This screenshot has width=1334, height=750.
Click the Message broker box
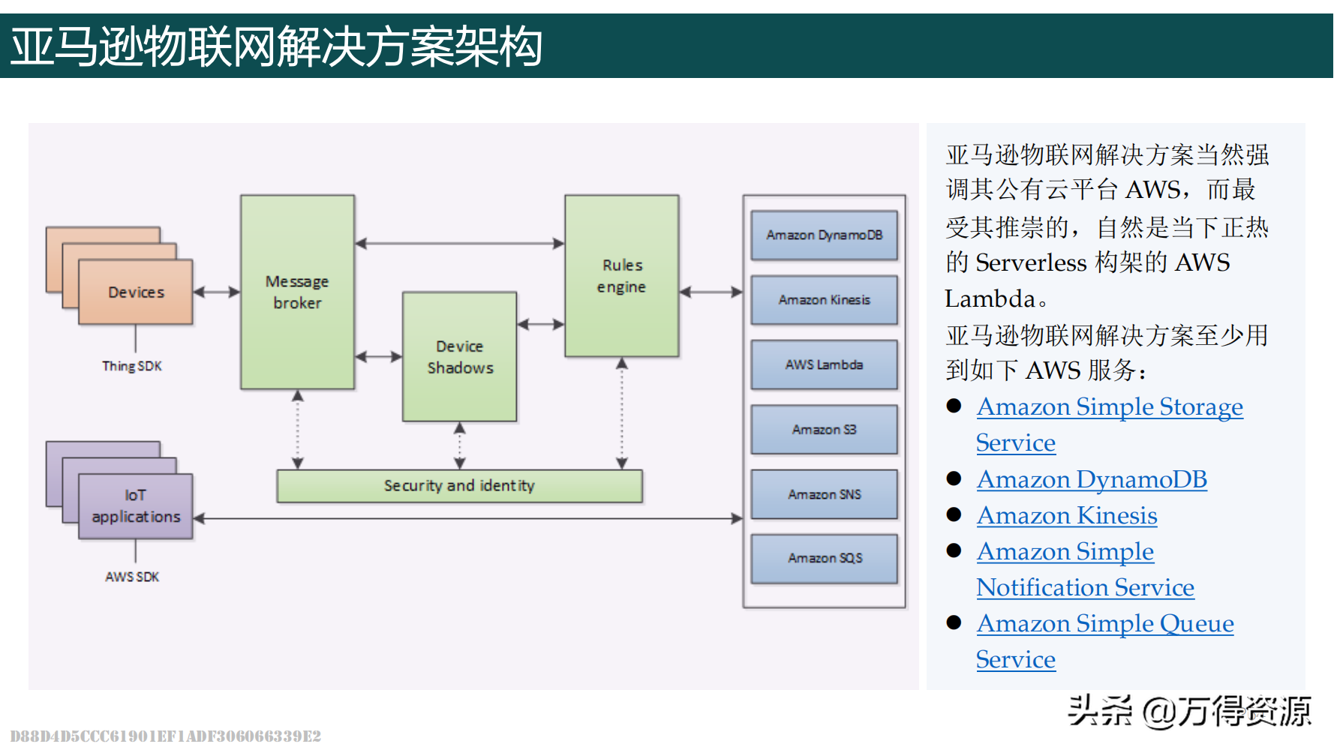(x=297, y=292)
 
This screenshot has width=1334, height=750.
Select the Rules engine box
(x=622, y=276)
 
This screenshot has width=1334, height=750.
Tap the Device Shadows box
(x=460, y=357)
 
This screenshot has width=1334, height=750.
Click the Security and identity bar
(x=459, y=486)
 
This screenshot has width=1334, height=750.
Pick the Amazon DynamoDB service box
(x=824, y=235)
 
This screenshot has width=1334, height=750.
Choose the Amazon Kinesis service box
(x=824, y=300)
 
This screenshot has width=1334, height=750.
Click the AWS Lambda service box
(x=824, y=364)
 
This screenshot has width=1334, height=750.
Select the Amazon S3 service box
(x=824, y=430)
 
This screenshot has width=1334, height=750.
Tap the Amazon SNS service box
(x=824, y=494)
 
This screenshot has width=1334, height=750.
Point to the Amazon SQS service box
(x=824, y=559)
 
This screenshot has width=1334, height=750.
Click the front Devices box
(x=136, y=292)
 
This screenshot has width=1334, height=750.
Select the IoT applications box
(x=136, y=506)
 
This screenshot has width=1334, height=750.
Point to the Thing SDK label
(x=132, y=366)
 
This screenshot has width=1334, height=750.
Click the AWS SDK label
(x=132, y=577)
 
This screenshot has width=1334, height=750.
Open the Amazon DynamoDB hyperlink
(x=1092, y=479)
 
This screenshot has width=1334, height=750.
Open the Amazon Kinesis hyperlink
(x=1067, y=515)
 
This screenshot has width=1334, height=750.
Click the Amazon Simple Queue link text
(x=1105, y=623)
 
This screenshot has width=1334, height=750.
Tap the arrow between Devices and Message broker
(x=217, y=292)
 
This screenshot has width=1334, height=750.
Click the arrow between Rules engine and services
(x=711, y=292)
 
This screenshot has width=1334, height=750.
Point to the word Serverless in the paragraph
(x=1031, y=262)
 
